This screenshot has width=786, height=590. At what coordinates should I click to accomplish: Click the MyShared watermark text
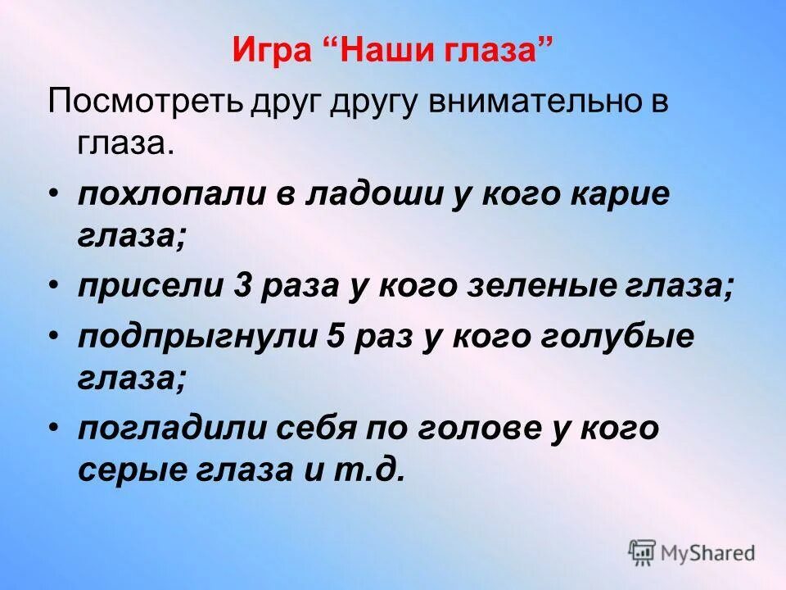709,552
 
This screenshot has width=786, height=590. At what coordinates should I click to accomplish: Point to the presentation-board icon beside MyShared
643,552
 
